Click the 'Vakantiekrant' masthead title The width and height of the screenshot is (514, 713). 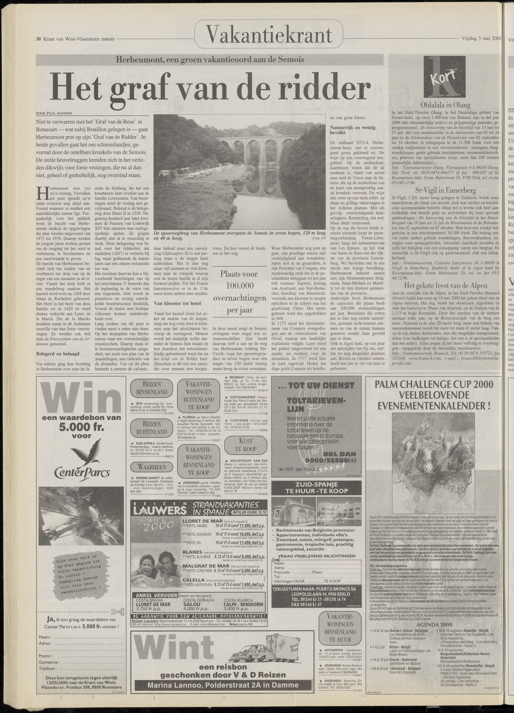(x=269, y=36)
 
